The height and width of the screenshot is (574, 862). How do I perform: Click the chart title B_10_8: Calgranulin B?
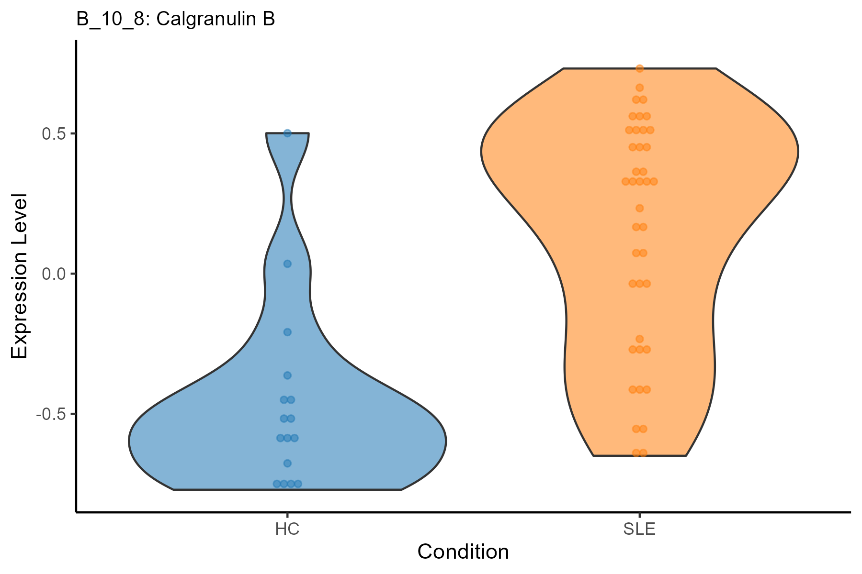click(175, 20)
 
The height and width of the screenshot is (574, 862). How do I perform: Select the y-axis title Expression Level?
click(20, 276)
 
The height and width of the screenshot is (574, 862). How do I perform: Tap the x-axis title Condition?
click(463, 552)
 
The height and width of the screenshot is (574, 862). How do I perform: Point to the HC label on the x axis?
click(287, 530)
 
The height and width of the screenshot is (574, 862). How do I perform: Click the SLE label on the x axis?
click(639, 530)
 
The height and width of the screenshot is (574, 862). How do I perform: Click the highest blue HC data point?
click(287, 133)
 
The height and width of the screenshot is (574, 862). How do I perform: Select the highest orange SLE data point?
click(639, 68)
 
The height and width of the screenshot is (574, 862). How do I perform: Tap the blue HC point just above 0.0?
click(287, 264)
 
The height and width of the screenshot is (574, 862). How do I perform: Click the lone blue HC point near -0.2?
click(287, 332)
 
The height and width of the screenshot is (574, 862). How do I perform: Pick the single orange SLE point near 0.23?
click(639, 208)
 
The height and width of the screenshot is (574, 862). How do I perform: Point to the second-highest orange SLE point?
click(639, 88)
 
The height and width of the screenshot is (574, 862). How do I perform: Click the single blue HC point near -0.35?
click(287, 375)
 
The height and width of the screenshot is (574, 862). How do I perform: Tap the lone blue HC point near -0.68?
click(287, 463)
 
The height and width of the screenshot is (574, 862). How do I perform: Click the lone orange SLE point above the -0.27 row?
click(639, 339)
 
